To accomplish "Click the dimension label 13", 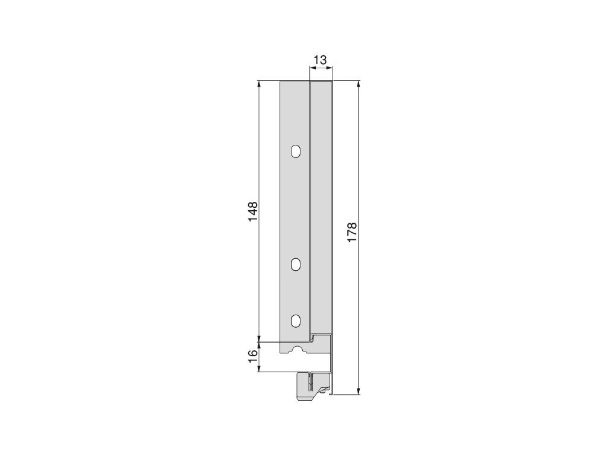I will click(x=319, y=60).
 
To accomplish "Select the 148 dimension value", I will click(x=252, y=212).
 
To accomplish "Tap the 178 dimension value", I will click(x=351, y=232).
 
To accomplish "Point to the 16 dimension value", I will click(x=252, y=356).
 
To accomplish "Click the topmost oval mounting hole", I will click(x=296, y=152).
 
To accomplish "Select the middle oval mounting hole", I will click(x=296, y=265).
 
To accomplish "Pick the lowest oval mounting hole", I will click(x=296, y=321).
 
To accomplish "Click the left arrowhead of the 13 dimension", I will click(x=312, y=69).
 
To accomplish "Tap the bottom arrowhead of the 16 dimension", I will click(x=259, y=368).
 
